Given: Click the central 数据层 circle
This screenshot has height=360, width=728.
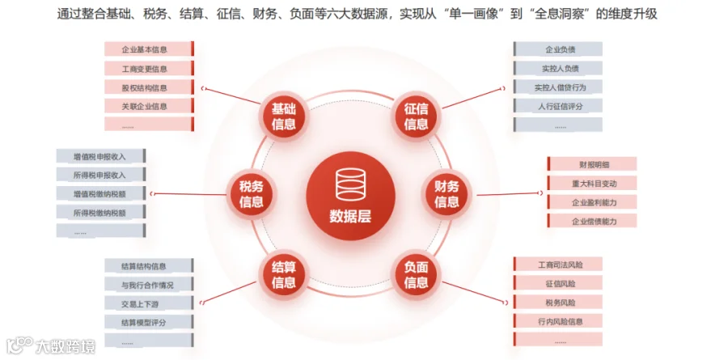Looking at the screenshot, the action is point(350,196).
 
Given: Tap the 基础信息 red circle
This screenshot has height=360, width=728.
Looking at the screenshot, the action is point(284,116).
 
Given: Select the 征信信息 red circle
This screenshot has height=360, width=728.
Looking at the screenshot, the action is point(416,116).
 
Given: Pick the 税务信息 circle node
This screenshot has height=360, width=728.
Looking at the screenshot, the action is point(252,194).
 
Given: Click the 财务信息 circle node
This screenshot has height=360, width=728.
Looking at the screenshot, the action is point(447,194).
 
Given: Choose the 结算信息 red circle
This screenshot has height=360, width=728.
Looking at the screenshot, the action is point(284,274).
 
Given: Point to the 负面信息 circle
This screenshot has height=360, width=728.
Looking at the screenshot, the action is point(416,274).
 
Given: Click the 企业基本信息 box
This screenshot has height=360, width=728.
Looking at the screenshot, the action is point(149,49).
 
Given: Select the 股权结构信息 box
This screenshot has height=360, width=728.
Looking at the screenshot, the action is point(149,87).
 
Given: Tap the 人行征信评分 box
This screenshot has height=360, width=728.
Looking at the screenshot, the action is point(557,106).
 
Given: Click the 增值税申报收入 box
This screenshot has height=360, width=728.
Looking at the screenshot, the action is point(101,156).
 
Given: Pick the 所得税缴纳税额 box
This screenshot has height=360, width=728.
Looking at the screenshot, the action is point(101,213).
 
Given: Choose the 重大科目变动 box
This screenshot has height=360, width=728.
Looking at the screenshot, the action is point(592,183).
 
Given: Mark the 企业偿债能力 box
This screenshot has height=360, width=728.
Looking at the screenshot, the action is point(592,221).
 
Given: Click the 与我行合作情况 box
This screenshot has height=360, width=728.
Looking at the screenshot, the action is point(149,285).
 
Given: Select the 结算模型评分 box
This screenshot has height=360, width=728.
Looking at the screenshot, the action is point(149,322).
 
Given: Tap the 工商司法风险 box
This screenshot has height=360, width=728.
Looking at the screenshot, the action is point(557,265).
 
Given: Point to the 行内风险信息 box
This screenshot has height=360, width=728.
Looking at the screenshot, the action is point(557,320).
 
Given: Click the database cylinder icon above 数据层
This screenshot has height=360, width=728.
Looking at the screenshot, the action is point(350,184).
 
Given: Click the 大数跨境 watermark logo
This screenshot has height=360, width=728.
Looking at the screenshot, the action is point(51,346).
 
